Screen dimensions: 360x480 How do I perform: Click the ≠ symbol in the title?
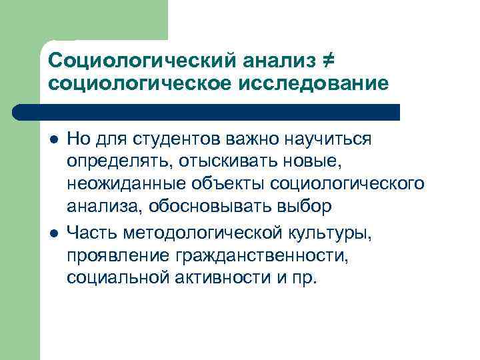(x=327, y=61)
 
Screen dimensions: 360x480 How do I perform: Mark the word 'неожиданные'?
(x=126, y=185)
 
